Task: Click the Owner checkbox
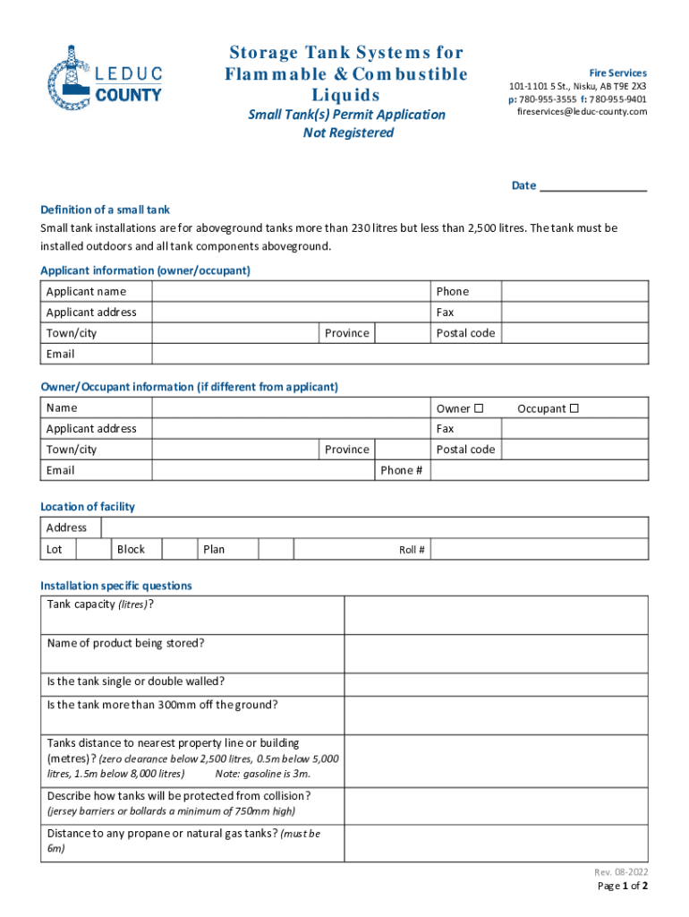(x=479, y=408)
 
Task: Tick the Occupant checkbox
(x=574, y=408)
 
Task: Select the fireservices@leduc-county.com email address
(x=582, y=112)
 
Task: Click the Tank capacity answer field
(x=496, y=615)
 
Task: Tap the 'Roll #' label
(x=412, y=550)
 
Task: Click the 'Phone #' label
(x=402, y=471)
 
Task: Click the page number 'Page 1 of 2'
(x=622, y=887)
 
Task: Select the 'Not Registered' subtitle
(x=348, y=133)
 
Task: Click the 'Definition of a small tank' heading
(x=105, y=210)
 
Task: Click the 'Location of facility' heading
(x=88, y=507)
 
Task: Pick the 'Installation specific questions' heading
(x=116, y=586)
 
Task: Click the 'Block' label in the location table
(x=131, y=549)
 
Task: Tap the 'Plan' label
(x=214, y=549)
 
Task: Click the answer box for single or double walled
(x=496, y=681)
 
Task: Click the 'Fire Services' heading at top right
(x=617, y=73)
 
